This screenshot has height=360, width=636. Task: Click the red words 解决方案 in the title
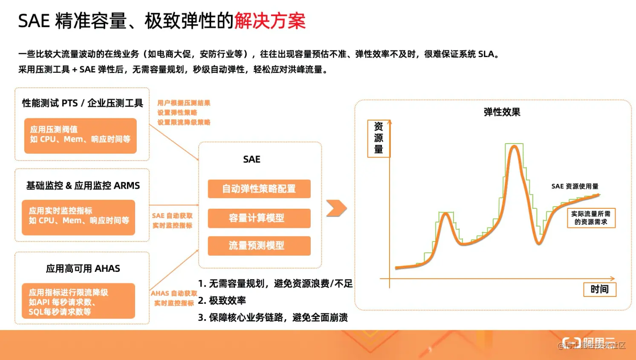pyautogui.click(x=270, y=21)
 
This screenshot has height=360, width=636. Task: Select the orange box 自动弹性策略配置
pyautogui.click(x=259, y=189)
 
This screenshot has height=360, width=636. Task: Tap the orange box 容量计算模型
pyautogui.click(x=259, y=218)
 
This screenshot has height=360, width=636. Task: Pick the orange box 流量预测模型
pyautogui.click(x=259, y=246)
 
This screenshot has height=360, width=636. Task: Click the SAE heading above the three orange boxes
pyautogui.click(x=252, y=159)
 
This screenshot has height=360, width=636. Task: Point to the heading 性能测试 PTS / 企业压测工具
pyautogui.click(x=83, y=103)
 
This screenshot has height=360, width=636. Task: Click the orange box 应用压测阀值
pyautogui.click(x=80, y=135)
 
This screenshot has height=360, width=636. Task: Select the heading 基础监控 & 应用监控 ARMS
pyautogui.click(x=83, y=186)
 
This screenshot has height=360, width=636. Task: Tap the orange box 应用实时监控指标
pyautogui.click(x=78, y=217)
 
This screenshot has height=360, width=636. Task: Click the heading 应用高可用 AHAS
pyautogui.click(x=83, y=269)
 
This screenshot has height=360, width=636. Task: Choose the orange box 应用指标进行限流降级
pyautogui.click(x=78, y=301)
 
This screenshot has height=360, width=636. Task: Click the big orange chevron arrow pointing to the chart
pyautogui.click(x=336, y=208)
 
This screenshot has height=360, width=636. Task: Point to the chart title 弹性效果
pyautogui.click(x=502, y=112)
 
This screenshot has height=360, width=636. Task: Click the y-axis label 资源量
pyautogui.click(x=379, y=138)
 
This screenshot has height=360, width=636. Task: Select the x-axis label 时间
pyautogui.click(x=599, y=289)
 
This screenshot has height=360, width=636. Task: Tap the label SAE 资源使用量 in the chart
pyautogui.click(x=575, y=186)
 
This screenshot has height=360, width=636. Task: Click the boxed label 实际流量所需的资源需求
pyautogui.click(x=591, y=218)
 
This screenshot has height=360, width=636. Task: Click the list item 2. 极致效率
pyautogui.click(x=222, y=300)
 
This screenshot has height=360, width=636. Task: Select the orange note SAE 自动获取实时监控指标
pyautogui.click(x=173, y=221)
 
